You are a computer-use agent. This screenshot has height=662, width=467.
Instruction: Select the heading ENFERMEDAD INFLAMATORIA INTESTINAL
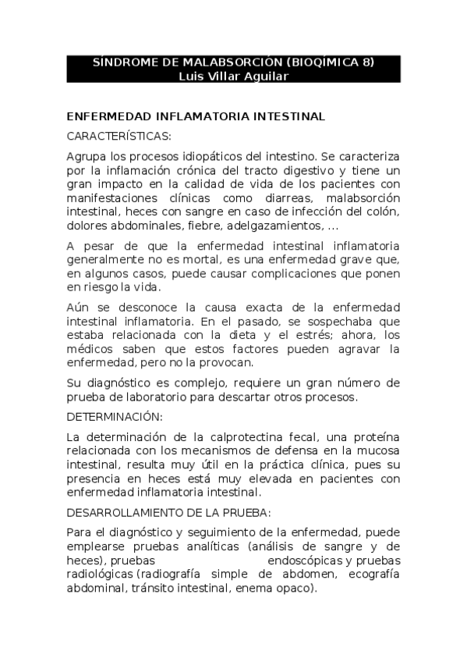point(196,116)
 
